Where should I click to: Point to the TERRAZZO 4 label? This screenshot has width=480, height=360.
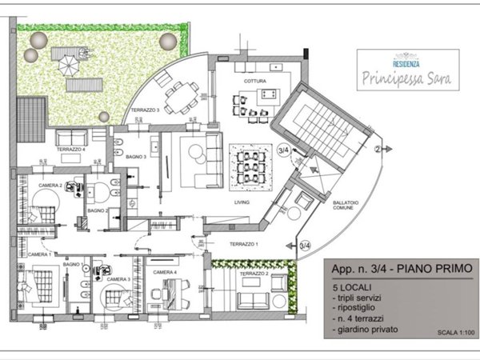(x=70, y=150)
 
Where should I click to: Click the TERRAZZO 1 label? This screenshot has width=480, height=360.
(x=243, y=242)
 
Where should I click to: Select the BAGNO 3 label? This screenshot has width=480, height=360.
(x=134, y=158)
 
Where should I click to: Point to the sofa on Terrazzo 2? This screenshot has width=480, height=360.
(x=254, y=301)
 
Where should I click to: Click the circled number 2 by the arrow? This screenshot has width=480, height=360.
(x=377, y=148)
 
